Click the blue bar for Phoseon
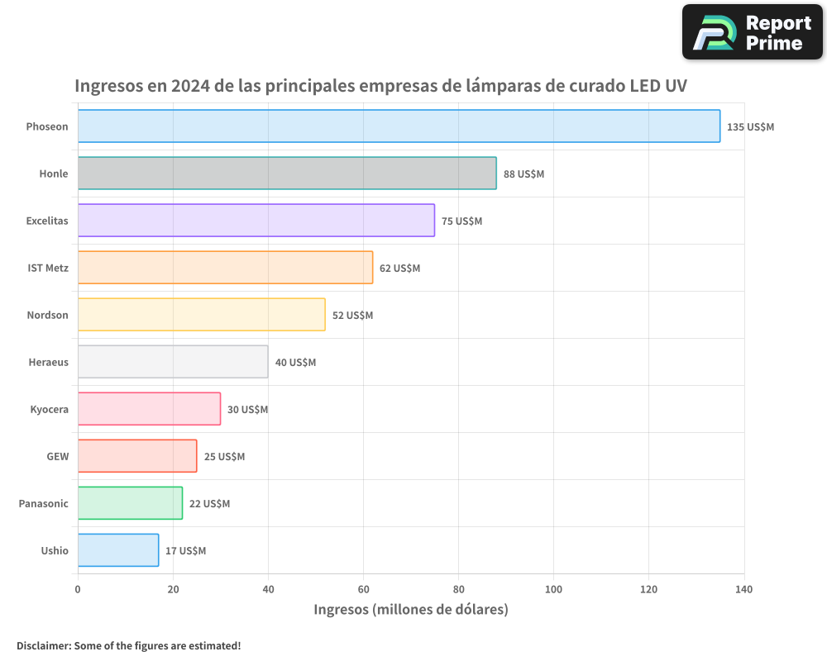click(399, 126)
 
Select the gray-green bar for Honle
click(287, 174)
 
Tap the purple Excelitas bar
click(256, 221)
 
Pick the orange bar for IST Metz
click(225, 268)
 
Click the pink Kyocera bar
click(149, 409)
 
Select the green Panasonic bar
click(130, 503)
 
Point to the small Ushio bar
click(118, 550)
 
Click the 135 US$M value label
click(750, 127)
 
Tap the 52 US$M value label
click(352, 316)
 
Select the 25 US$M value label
click(224, 457)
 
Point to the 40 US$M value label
click(295, 363)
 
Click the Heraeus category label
click(49, 362)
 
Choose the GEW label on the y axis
click(57, 456)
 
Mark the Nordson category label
click(47, 315)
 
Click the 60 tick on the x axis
click(363, 589)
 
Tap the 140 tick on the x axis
click(743, 589)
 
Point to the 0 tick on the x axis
click(78, 589)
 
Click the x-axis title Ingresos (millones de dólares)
click(411, 610)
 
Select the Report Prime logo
click(752, 32)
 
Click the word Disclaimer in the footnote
click(42, 645)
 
